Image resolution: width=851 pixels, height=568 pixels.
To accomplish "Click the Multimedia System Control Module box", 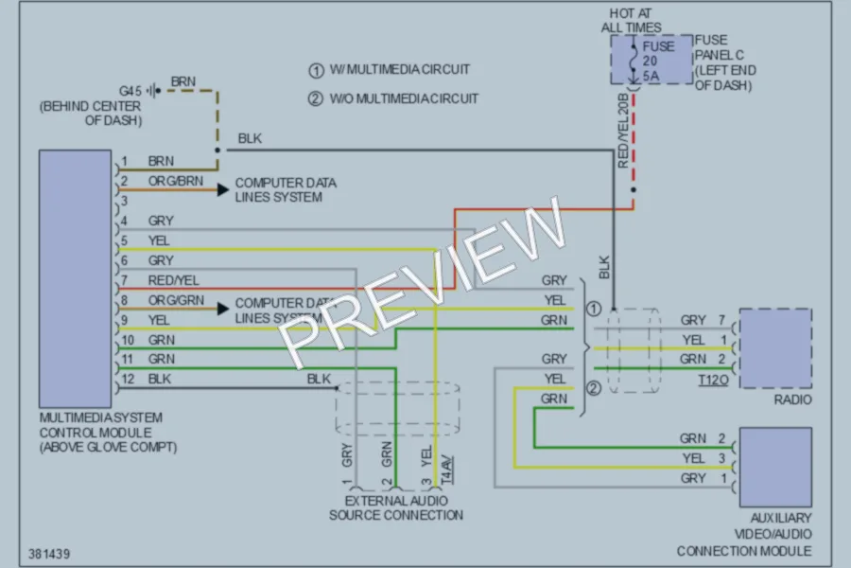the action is (x=75, y=279).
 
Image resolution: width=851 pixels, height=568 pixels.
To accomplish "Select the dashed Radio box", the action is (x=775, y=310).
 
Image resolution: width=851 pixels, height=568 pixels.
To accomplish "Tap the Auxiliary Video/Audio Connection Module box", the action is (x=775, y=467).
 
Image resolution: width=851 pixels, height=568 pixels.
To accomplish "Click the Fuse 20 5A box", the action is (x=651, y=60).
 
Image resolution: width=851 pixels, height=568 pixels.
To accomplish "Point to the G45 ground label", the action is (x=130, y=91).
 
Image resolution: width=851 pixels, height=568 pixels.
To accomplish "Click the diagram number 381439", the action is (x=49, y=554).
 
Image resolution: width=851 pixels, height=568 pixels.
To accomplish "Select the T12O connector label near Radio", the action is (x=713, y=380).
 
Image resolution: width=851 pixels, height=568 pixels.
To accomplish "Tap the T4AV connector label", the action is (x=446, y=470).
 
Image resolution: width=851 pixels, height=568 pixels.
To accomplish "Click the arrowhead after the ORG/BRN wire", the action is (x=223, y=189).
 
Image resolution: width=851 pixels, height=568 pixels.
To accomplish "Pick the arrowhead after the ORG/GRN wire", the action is (x=223, y=309).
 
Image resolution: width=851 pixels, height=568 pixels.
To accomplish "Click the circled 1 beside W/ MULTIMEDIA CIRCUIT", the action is (x=316, y=71).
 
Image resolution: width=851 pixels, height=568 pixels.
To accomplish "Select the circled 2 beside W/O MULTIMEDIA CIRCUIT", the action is (x=316, y=98).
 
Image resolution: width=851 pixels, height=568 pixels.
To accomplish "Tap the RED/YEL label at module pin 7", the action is (x=174, y=280).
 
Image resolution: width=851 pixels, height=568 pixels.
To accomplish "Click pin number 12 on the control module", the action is (x=128, y=379).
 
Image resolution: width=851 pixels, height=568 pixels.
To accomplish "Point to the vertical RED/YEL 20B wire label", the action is (x=623, y=131).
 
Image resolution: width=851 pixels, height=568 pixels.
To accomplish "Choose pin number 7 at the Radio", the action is (x=721, y=320).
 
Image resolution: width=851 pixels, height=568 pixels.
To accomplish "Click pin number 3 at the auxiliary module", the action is (x=721, y=458).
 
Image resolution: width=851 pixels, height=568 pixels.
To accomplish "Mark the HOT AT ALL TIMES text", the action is (x=632, y=20).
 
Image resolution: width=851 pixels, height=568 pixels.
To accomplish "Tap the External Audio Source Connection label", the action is (x=396, y=507).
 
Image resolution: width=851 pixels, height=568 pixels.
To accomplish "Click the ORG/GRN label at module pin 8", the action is (x=177, y=300).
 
